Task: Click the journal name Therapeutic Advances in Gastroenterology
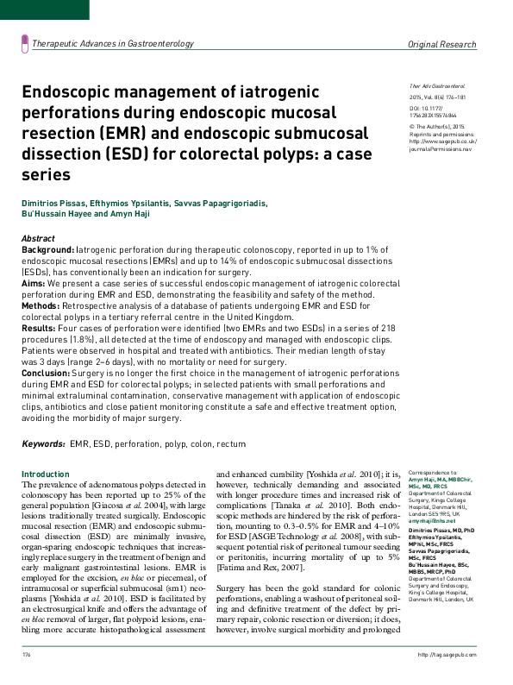point(112,43)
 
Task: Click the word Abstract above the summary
point(39,237)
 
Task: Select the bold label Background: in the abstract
point(48,248)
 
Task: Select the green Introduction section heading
point(45,474)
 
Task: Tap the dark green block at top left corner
point(44,9)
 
